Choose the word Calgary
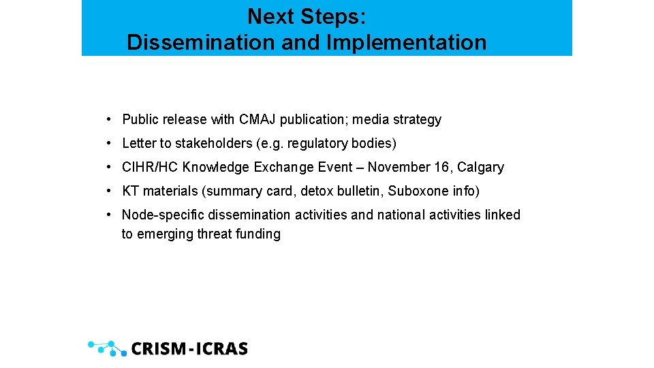tap(480, 168)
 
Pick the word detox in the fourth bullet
tap(316, 191)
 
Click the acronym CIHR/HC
tap(150, 168)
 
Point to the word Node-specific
tap(163, 215)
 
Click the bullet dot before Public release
tap(109, 120)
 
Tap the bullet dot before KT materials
tap(109, 191)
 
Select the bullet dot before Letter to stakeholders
tap(109, 144)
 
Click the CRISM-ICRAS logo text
tap(189, 349)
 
